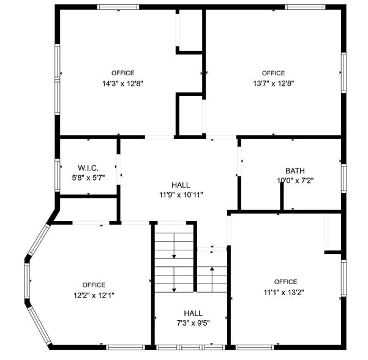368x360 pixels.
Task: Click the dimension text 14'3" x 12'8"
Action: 122,83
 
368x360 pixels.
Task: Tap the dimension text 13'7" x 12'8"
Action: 273,83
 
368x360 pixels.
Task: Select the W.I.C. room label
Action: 88,168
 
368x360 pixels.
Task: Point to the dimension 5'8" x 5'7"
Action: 88,178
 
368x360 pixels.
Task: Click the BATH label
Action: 295,171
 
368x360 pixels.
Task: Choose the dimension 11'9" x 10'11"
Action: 181,195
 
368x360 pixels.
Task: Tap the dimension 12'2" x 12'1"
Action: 94,294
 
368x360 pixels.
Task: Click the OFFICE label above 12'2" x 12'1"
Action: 94,285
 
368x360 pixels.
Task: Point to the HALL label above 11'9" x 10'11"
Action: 181,185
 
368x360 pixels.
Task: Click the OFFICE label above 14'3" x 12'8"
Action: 122,73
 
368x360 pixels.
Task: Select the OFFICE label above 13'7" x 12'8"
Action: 273,73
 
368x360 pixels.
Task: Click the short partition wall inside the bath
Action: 282,196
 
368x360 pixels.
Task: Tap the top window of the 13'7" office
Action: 304,7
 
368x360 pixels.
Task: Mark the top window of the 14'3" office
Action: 118,7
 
